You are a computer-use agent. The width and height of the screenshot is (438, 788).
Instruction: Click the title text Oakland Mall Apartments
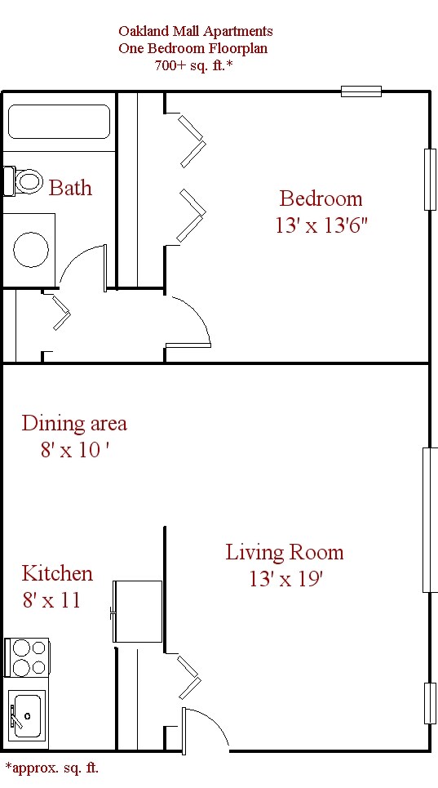(x=195, y=31)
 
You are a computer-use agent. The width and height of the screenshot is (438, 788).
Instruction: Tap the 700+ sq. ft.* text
(x=194, y=66)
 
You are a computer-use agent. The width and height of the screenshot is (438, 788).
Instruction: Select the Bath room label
(x=70, y=188)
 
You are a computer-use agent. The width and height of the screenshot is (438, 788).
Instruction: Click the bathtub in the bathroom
(x=59, y=122)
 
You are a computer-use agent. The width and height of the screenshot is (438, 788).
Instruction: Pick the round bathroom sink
(x=32, y=248)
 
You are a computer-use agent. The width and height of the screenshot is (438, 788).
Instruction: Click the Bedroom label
(x=321, y=198)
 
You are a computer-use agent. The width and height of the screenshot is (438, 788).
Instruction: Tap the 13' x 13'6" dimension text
(x=321, y=225)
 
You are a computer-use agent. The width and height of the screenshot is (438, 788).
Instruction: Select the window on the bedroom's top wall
(x=361, y=91)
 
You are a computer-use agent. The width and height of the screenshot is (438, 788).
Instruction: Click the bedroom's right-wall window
(x=429, y=179)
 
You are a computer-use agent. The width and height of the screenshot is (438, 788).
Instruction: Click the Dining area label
(x=74, y=423)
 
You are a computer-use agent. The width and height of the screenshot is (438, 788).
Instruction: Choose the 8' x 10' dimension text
(x=74, y=450)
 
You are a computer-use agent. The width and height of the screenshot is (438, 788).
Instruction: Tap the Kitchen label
(x=57, y=573)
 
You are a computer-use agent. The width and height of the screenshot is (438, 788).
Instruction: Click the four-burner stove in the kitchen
(x=27, y=658)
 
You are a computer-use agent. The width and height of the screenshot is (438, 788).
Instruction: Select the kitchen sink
(x=27, y=715)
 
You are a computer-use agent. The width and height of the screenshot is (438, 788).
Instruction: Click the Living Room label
(x=285, y=553)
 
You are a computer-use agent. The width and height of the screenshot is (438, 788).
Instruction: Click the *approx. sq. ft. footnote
(x=51, y=768)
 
